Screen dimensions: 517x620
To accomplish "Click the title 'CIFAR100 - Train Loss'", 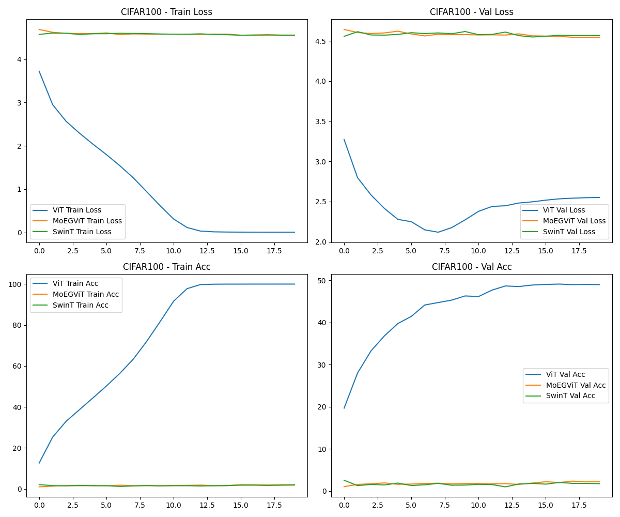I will (166, 12).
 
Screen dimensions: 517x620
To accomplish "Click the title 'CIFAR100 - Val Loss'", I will (471, 12).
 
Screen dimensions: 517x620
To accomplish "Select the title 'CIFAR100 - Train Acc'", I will (166, 267).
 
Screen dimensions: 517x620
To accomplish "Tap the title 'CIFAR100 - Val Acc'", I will (471, 267).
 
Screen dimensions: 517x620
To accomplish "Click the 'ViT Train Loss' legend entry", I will (76, 210).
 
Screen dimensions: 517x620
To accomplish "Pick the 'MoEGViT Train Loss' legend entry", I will (87, 221).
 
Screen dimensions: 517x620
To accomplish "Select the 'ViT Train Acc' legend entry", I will (75, 284).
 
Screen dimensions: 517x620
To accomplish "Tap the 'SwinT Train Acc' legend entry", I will (80, 305).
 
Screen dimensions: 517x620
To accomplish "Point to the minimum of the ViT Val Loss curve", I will (438, 232).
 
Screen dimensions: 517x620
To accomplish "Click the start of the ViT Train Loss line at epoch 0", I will (39, 71).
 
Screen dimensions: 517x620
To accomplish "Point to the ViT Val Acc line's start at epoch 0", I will (344, 408).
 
